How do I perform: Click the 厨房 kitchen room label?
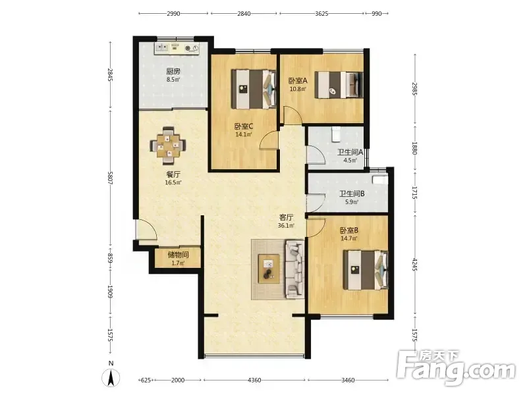[x=173, y=71]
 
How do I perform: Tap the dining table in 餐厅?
[x=169, y=145]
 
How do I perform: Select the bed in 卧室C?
[x=254, y=89]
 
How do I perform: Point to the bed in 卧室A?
[x=339, y=85]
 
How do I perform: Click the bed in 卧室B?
[x=366, y=270]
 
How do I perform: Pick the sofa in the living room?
[x=295, y=269]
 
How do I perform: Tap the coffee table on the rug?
[x=269, y=269]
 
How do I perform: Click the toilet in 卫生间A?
[x=336, y=134]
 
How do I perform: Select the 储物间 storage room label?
[x=178, y=255]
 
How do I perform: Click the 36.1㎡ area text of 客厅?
[x=286, y=226]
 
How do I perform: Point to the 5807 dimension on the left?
[x=110, y=177]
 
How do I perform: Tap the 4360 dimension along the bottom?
[x=254, y=381]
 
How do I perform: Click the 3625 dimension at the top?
[x=321, y=14]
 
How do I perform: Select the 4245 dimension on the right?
[x=414, y=265]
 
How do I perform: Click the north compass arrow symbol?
[x=111, y=378]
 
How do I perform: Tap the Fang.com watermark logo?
[x=456, y=368]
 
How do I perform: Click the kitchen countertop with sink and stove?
[x=177, y=47]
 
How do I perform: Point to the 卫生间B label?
[x=352, y=194]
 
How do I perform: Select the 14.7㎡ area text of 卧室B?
[x=349, y=239]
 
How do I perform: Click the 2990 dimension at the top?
[x=173, y=14]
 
